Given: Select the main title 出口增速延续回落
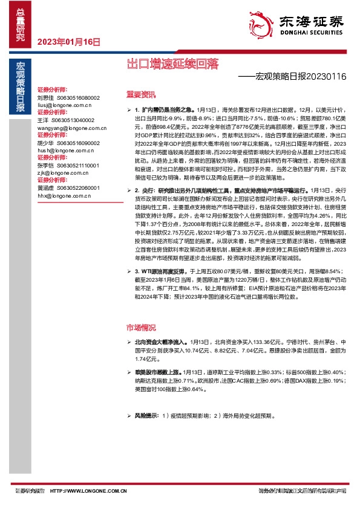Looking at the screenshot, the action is coord(172,63).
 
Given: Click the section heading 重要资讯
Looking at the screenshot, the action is coord(140,94).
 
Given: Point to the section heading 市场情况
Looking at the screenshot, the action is coord(140,326).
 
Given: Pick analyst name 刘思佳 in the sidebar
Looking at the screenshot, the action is coord(45,97).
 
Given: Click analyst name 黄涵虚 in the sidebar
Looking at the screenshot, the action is coord(45,187).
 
